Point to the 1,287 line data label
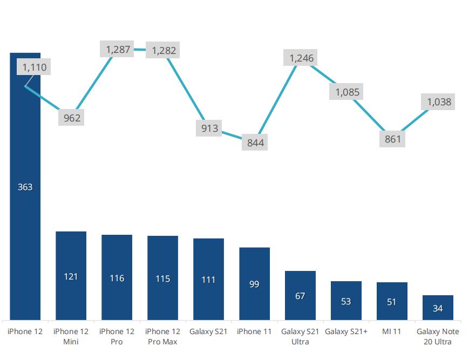(118, 50)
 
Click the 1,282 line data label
(164, 51)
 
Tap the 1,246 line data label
(301, 58)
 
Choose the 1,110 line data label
(35, 67)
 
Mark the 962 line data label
(72, 118)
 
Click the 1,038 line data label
(439, 101)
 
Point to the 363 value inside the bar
(25, 187)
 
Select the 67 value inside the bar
(300, 296)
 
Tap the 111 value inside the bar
(208, 280)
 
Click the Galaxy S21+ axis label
(346, 331)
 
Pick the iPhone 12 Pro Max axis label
(162, 336)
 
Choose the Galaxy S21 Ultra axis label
(300, 336)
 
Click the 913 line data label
(209, 128)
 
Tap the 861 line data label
(393, 139)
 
